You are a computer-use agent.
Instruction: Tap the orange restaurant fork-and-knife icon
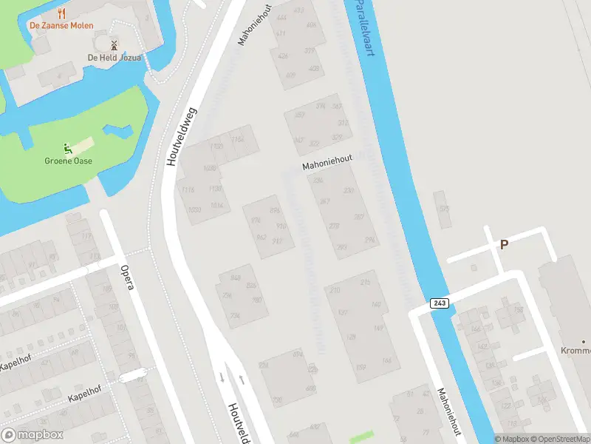click(61, 13)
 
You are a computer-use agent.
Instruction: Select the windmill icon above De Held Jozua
click(114, 44)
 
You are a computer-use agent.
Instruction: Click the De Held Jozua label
click(114, 57)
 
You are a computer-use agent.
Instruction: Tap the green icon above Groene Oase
click(67, 147)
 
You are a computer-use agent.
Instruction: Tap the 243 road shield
click(439, 304)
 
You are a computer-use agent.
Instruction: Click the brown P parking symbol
click(505, 245)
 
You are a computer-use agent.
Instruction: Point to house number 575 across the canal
click(444, 209)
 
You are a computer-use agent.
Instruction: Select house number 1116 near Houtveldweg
click(188, 190)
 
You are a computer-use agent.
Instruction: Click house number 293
click(342, 247)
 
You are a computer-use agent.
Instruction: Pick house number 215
click(365, 283)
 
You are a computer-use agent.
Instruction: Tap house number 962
click(260, 238)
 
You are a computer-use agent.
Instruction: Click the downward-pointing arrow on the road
click(222, 377)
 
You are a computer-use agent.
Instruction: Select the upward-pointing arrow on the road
click(242, 379)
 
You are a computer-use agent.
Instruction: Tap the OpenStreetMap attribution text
click(560, 439)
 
